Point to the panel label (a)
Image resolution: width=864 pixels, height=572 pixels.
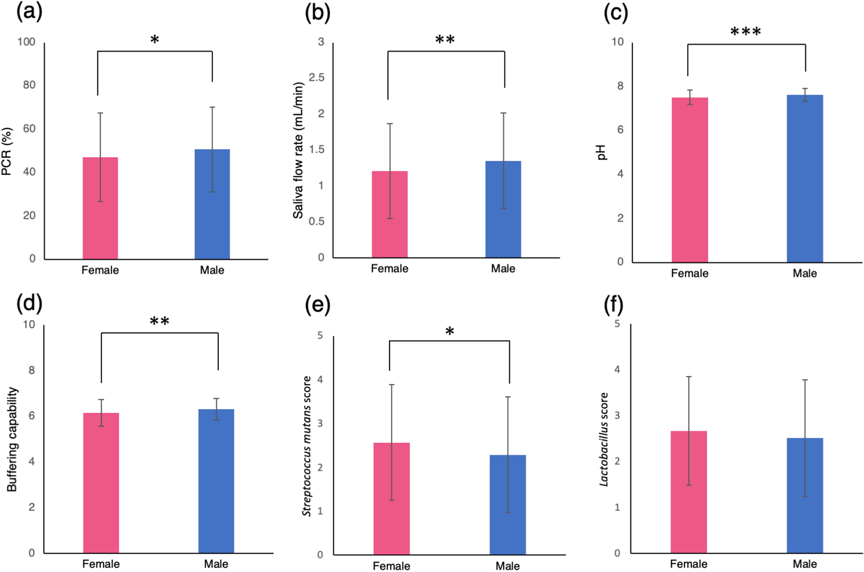[x=29, y=12]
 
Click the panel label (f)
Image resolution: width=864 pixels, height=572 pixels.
[x=613, y=305]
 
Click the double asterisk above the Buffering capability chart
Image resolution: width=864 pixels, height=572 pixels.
[x=159, y=321]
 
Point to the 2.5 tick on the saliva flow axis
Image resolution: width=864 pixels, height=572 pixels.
[x=316, y=78]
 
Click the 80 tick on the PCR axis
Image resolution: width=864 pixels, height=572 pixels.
[x=29, y=85]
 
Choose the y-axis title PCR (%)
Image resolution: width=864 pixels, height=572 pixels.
[x=7, y=151]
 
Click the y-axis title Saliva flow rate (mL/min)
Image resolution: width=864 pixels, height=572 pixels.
[x=298, y=150]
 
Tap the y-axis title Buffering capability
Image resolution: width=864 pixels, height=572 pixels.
[x=12, y=439]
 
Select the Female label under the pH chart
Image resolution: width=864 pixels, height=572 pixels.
[x=689, y=273]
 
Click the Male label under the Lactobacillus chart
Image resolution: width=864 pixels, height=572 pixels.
[x=804, y=564]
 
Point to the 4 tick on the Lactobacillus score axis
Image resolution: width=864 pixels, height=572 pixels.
[x=617, y=369]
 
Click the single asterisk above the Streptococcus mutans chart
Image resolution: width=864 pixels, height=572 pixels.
[x=449, y=332]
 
